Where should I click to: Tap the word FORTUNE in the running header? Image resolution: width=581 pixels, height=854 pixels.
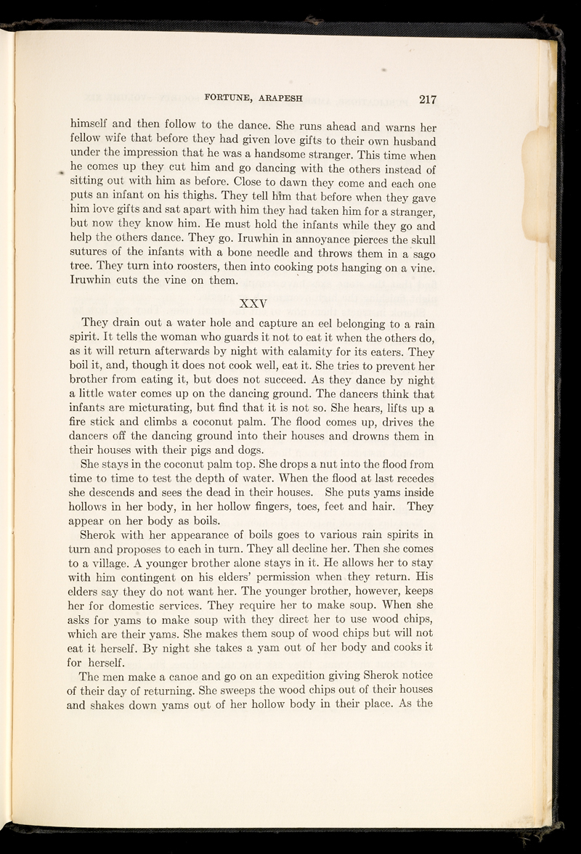[235, 97]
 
